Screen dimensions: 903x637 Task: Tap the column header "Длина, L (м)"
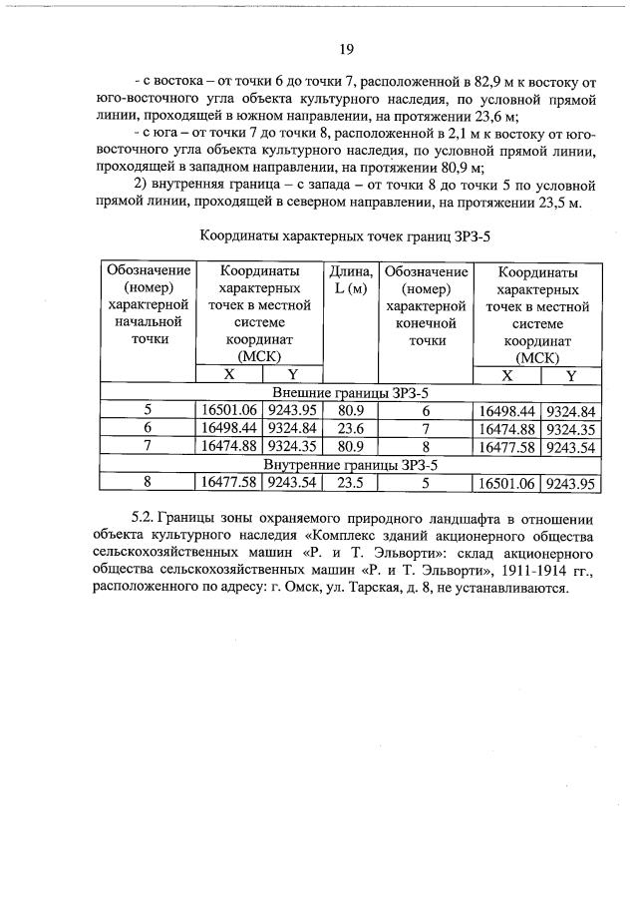(x=351, y=280)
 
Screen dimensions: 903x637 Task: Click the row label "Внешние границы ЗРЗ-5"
(x=350, y=393)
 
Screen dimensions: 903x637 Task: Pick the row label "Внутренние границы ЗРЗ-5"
(x=350, y=465)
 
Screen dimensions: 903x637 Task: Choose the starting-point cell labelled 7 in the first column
(x=148, y=446)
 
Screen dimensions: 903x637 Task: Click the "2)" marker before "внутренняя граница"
(x=140, y=186)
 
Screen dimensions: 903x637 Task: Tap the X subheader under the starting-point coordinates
(x=228, y=375)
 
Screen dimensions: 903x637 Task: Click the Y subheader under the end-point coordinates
(x=571, y=375)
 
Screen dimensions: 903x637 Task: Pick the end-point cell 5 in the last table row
(x=426, y=483)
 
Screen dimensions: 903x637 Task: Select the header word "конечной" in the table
(x=426, y=323)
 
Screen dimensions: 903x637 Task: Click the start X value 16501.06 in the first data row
(x=228, y=410)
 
